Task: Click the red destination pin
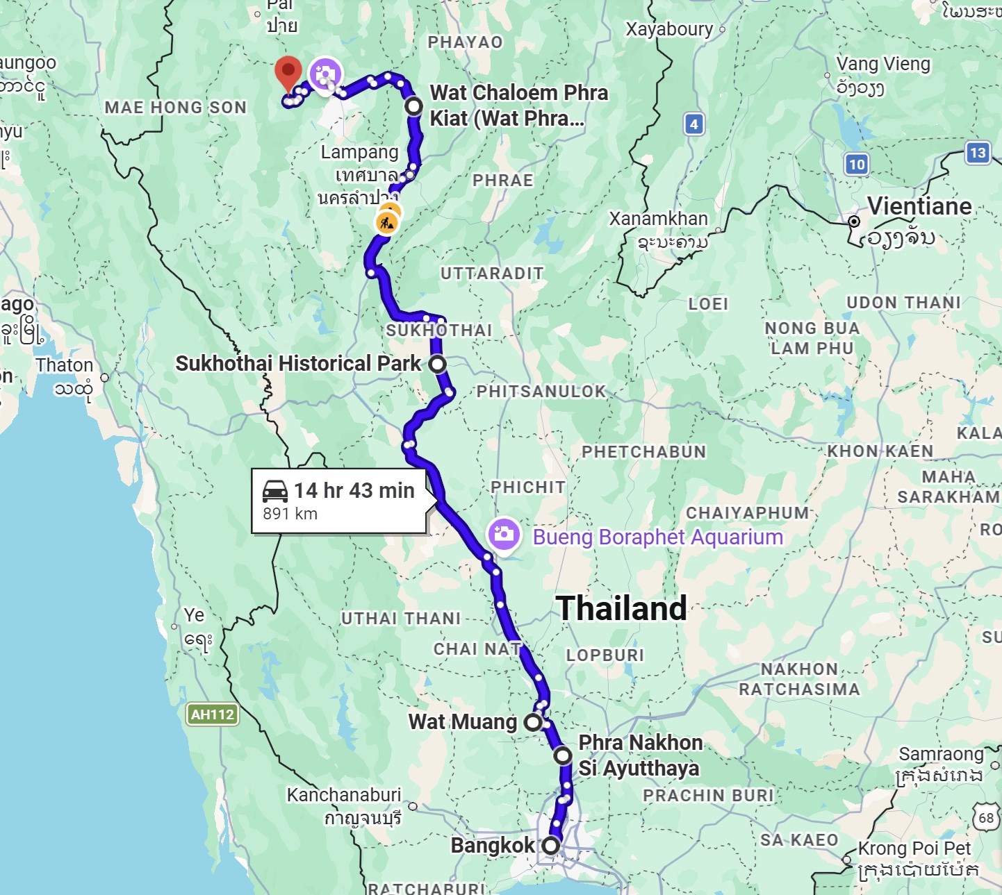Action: (288, 73)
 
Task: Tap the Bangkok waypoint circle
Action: (550, 846)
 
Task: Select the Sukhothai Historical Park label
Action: (298, 363)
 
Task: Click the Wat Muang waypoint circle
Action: (533, 722)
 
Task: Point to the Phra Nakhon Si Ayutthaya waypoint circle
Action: (563, 755)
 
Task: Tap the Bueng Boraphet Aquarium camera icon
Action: (504, 534)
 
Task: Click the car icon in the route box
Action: (275, 491)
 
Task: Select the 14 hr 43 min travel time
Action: (354, 490)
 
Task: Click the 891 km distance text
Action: (290, 514)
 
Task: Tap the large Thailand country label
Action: (621, 608)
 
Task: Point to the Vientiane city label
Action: (919, 206)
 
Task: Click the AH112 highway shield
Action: (213, 714)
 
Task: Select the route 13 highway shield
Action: (977, 153)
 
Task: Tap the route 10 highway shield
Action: (856, 165)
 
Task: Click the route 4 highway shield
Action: (693, 124)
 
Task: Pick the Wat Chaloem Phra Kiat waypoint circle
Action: (413, 106)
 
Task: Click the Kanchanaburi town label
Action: (344, 795)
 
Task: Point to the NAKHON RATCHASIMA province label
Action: (799, 679)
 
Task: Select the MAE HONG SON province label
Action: (176, 108)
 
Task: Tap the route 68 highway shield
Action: (986, 818)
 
